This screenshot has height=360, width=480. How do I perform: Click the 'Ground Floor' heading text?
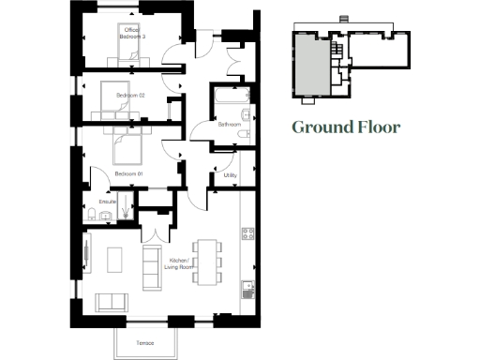coord(345,127)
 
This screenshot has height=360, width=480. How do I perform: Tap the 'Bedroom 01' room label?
coord(127,173)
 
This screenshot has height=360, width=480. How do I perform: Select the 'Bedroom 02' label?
coord(130,96)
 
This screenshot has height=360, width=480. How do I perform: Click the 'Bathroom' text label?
coord(230,124)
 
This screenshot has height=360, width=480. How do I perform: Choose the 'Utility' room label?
coord(230,174)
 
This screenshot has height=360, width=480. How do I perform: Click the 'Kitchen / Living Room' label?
coord(179,263)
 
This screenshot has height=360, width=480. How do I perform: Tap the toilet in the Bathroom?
coord(244,134)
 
